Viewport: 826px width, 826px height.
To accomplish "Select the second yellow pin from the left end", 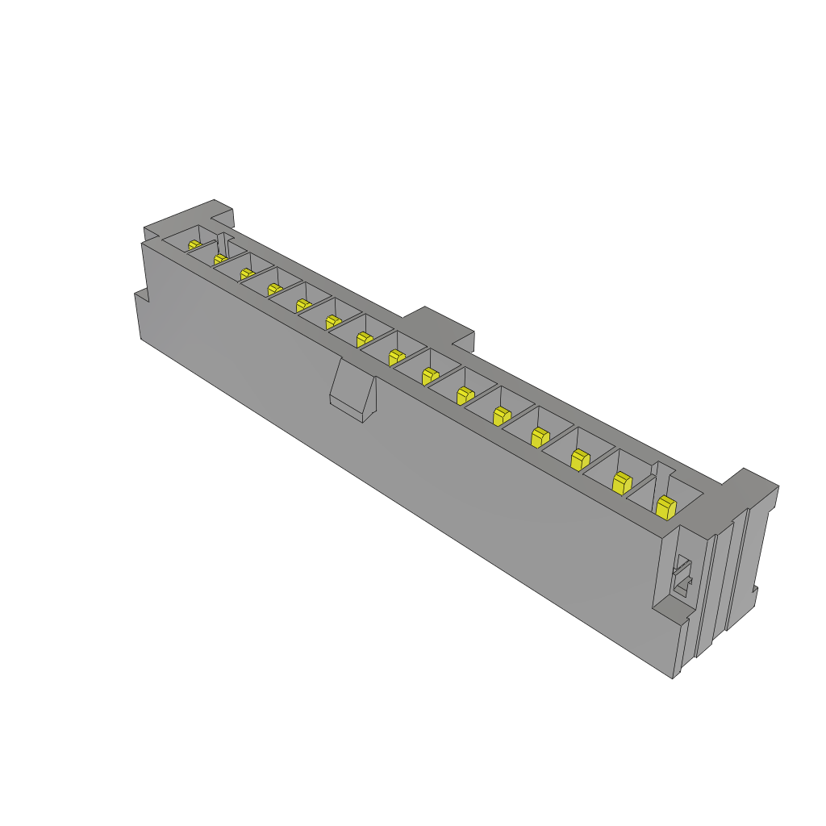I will (220, 259).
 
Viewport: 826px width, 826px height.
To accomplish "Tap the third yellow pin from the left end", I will (247, 274).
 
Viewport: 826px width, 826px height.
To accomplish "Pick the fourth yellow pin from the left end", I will (274, 289).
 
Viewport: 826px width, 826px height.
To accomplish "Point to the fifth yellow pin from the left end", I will (303, 305).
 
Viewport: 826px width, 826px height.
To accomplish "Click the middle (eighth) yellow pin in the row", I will (395, 357).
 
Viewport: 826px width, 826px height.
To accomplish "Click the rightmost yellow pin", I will (665, 507).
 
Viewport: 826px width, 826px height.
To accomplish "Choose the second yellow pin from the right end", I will (621, 482).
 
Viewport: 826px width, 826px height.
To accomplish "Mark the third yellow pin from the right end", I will (578, 459).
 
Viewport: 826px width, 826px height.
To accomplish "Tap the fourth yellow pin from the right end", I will (538, 436).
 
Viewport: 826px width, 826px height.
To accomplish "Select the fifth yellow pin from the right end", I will (500, 415).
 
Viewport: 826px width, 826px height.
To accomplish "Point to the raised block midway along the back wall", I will (440, 323).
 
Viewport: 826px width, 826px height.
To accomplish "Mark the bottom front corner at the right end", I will (673, 676).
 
